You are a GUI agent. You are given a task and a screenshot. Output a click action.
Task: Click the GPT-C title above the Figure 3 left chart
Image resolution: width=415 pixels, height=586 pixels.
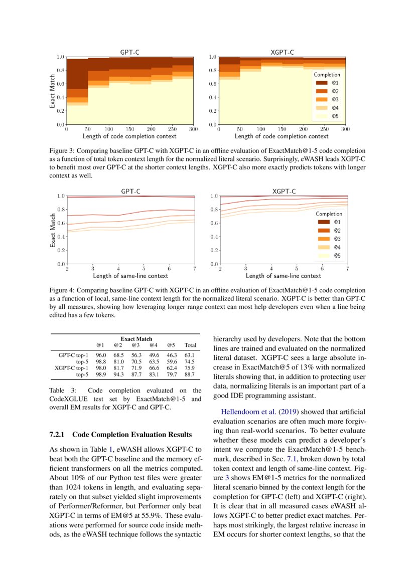(x=129, y=52)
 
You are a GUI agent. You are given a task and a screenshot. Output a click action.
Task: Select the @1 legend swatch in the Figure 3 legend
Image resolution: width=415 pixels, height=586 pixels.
(x=322, y=83)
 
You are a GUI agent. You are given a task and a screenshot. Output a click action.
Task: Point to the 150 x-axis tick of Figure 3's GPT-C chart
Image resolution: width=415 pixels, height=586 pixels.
(x=130, y=129)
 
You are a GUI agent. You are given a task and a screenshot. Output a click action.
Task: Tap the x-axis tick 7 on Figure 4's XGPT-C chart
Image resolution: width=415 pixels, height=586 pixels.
(x=347, y=269)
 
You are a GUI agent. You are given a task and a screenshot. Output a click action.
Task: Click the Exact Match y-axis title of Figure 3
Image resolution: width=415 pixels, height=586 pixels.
(x=52, y=91)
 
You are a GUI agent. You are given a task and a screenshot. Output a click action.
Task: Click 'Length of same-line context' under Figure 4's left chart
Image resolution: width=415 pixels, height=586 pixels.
(x=130, y=276)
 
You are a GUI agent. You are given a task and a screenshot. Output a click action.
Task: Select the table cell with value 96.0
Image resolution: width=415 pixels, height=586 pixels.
(x=101, y=355)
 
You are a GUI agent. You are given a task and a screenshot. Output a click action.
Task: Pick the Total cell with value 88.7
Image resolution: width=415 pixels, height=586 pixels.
(x=190, y=374)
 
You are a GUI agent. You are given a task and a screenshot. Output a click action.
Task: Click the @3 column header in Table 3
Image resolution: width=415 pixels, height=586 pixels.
(x=135, y=345)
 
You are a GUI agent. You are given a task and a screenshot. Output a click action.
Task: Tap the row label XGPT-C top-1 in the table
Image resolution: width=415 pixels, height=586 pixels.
(x=71, y=367)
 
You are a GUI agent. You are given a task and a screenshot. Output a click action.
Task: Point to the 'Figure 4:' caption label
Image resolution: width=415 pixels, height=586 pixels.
(x=62, y=290)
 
